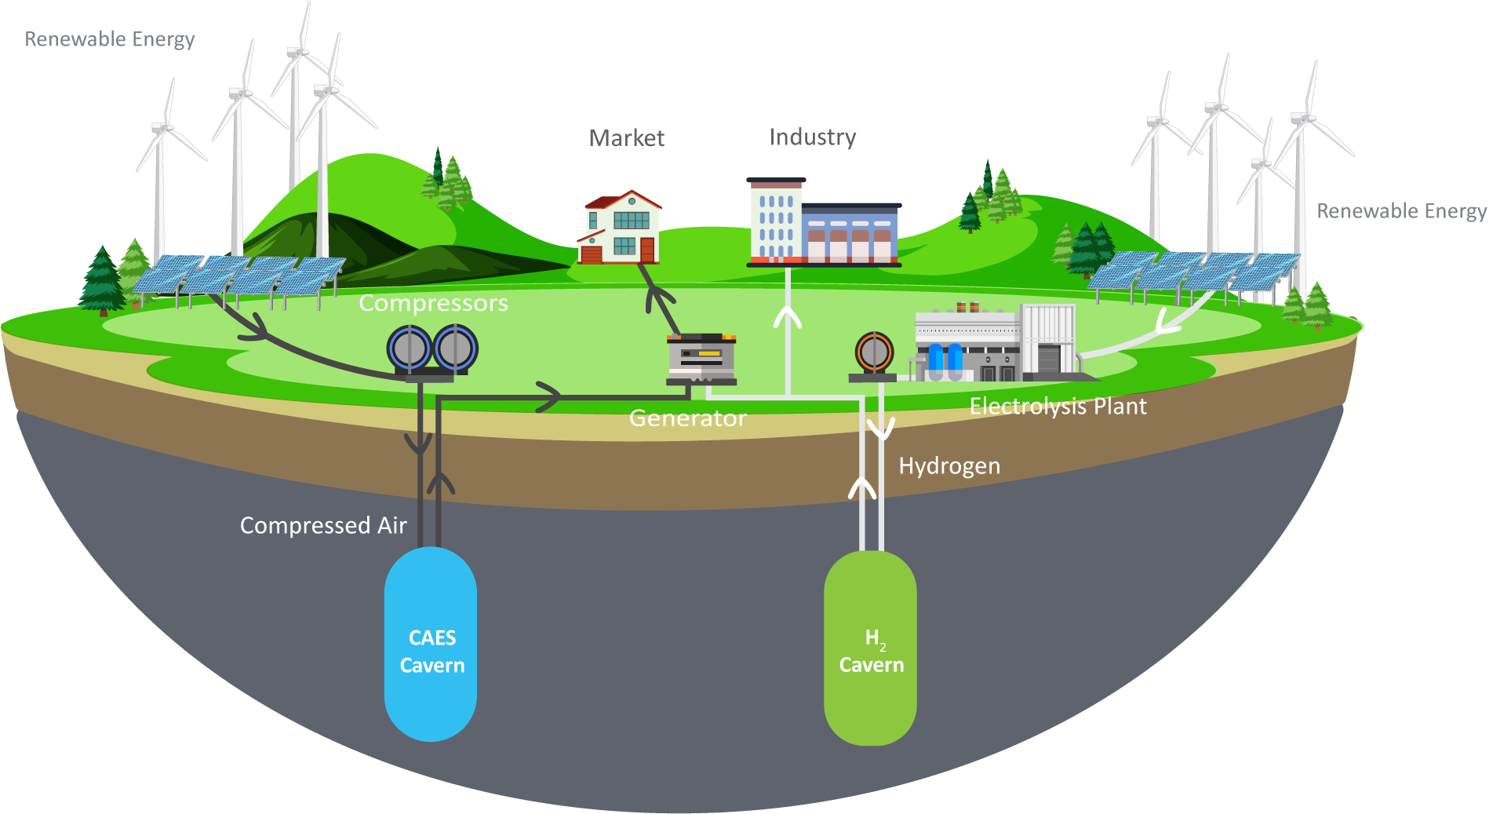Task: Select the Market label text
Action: (x=626, y=138)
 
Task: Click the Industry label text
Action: (x=812, y=137)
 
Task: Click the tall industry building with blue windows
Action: (x=775, y=221)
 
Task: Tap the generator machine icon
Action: (x=701, y=359)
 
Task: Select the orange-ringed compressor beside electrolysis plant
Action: (x=874, y=352)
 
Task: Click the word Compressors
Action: (x=433, y=303)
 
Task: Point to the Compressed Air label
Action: (x=323, y=525)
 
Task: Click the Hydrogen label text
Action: (x=949, y=466)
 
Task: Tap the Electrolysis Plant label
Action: (x=1058, y=407)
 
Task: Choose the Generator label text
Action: (x=687, y=418)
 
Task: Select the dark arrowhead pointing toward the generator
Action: (x=549, y=396)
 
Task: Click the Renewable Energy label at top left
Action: (x=110, y=39)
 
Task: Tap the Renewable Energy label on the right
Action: (x=1401, y=211)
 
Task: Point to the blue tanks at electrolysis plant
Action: (x=945, y=359)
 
